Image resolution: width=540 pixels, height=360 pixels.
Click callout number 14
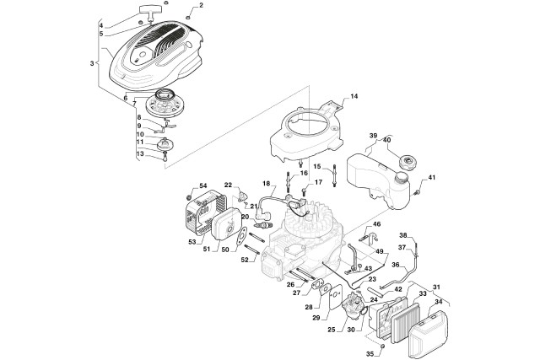pyautogui.click(x=354, y=97)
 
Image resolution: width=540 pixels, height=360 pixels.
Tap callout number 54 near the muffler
pyautogui.click(x=202, y=186)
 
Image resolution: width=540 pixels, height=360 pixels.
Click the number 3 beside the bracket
pyautogui.click(x=91, y=62)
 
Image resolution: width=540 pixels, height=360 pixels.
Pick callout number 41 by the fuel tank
pyautogui.click(x=433, y=178)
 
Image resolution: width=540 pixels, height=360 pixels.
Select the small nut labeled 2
pyautogui.click(x=190, y=16)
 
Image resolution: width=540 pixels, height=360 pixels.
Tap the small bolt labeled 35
pyautogui.click(x=382, y=346)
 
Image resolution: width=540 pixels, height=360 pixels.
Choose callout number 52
pyautogui.click(x=245, y=260)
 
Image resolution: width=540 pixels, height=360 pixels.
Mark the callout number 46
pyautogui.click(x=377, y=224)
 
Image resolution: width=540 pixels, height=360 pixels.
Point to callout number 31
pyautogui.click(x=436, y=287)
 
